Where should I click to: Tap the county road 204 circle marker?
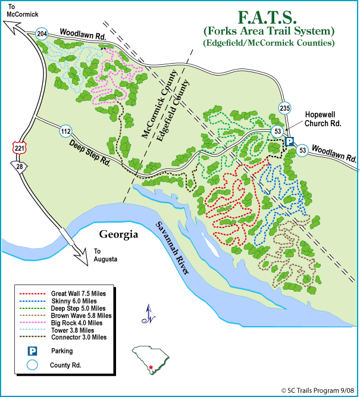coord(42,33)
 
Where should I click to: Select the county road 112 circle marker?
coord(65,129)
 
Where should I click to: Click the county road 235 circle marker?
coord(284,107)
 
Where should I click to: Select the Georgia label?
coord(119,235)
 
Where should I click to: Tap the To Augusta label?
coord(106,255)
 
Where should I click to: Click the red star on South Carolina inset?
coord(152,367)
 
